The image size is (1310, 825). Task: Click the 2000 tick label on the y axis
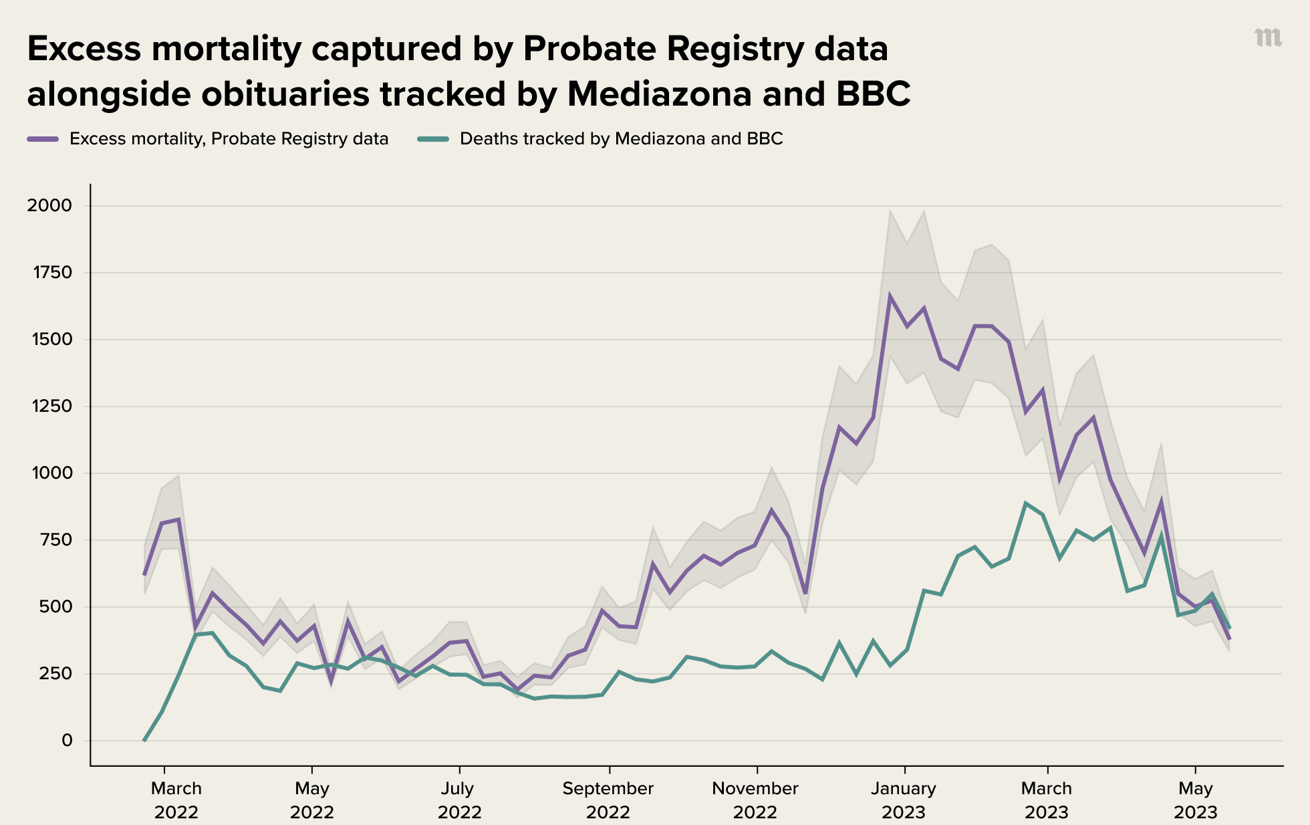(49, 205)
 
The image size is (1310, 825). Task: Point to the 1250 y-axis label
(49, 406)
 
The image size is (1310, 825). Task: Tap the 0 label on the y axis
(67, 740)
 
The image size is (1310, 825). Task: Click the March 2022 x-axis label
(176, 800)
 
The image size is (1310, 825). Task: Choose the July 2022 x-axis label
(459, 800)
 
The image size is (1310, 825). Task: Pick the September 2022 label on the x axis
(608, 800)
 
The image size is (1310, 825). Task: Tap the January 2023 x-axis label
(904, 800)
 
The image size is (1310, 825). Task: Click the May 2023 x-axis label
(1195, 800)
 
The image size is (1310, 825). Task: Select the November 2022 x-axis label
(755, 800)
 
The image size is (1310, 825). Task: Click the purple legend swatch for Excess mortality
(43, 139)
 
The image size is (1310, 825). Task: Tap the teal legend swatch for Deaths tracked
(434, 139)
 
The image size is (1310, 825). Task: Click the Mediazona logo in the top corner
(1268, 38)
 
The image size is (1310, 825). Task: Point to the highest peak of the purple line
(890, 295)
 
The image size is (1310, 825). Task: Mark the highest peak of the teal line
(1025, 503)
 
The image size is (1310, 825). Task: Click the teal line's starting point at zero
(144, 740)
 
